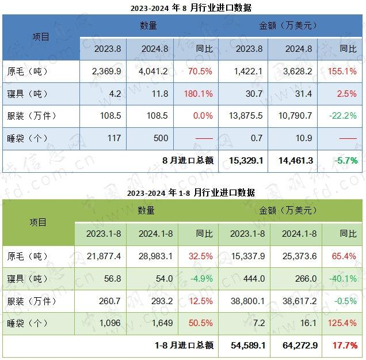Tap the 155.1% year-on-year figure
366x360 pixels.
tap(344, 71)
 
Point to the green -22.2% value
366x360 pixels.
tap(344, 116)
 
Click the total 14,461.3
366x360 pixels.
tap(294, 161)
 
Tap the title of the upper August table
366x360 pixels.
tap(183, 7)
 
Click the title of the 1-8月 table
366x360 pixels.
tap(183, 192)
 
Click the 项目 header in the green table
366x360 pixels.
tap(39, 222)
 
